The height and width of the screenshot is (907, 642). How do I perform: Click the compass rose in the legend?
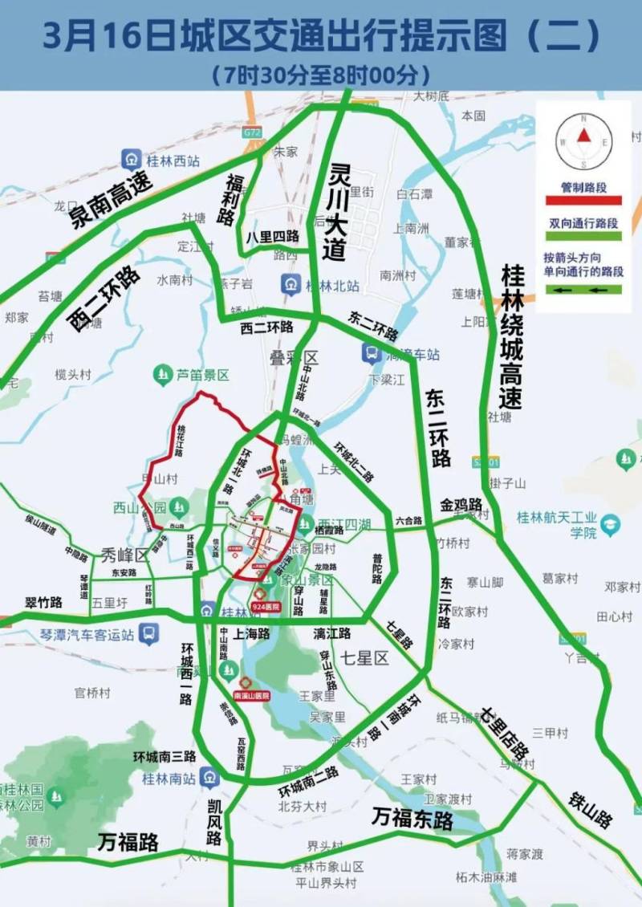(584, 140)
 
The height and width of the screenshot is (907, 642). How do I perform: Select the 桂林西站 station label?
(171, 160)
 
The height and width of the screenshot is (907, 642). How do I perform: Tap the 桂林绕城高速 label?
(511, 336)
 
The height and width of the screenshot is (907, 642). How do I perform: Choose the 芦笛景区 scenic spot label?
(203, 374)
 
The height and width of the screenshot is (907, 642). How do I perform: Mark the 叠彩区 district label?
(294, 358)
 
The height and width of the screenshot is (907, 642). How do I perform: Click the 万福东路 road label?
(412, 819)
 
